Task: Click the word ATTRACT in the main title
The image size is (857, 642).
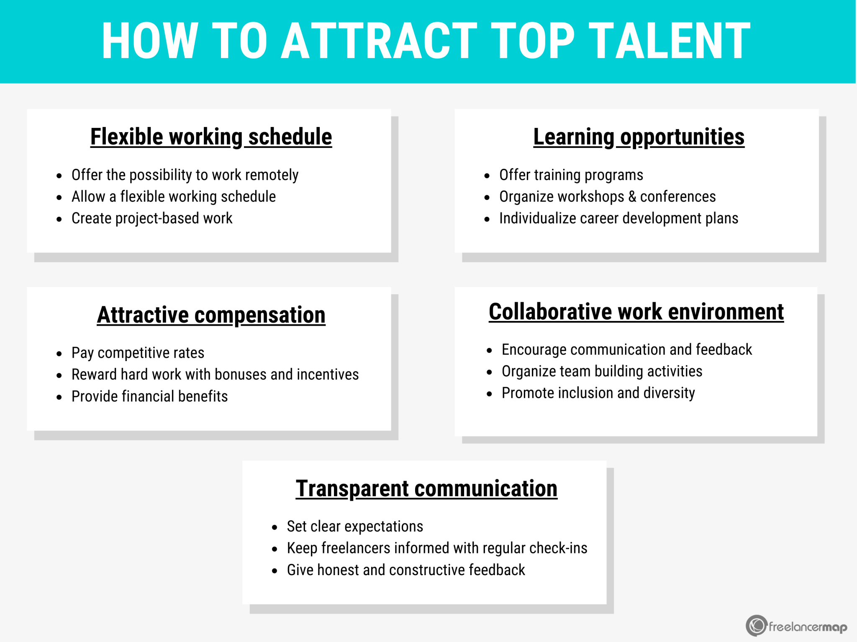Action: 379,41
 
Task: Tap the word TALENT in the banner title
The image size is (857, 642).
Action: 670,41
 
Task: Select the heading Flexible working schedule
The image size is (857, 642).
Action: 211,137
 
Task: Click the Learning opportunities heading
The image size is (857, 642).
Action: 639,137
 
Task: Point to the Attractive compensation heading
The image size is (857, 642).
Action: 211,315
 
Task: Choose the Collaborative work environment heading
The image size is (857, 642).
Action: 636,312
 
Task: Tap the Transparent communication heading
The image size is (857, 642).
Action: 426,489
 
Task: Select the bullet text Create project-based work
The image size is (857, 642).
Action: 152,219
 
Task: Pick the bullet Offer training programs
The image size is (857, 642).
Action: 571,175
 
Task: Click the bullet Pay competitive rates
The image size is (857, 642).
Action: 138,353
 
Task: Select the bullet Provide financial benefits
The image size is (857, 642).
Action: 150,396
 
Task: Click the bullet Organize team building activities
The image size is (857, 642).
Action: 602,372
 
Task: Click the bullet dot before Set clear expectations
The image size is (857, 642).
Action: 275,527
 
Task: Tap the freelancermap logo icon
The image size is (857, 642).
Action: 757,626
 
